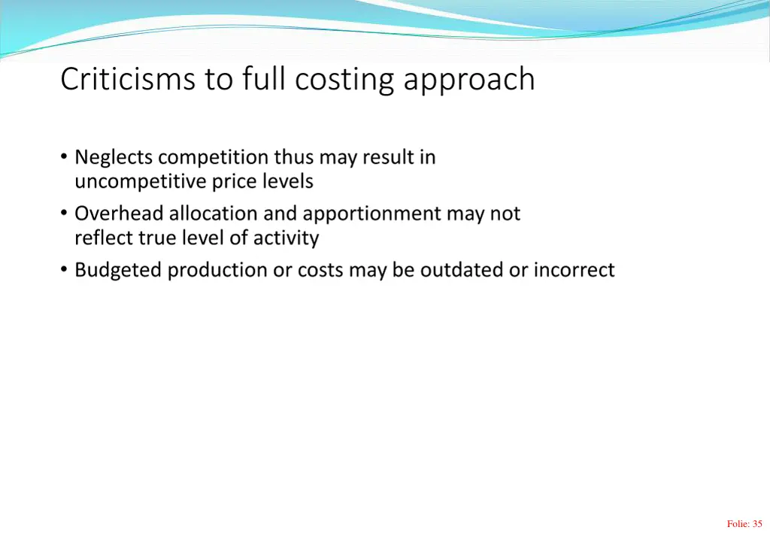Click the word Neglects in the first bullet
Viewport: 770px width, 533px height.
pos(114,158)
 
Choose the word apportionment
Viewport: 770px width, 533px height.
pos(371,215)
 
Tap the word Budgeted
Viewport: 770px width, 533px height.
pos(118,271)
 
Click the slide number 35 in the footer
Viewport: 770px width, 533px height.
pos(756,524)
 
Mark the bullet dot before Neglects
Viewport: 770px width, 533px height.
pos(64,157)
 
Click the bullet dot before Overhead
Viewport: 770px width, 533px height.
pos(64,214)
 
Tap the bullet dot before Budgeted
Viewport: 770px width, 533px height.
pos(64,269)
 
